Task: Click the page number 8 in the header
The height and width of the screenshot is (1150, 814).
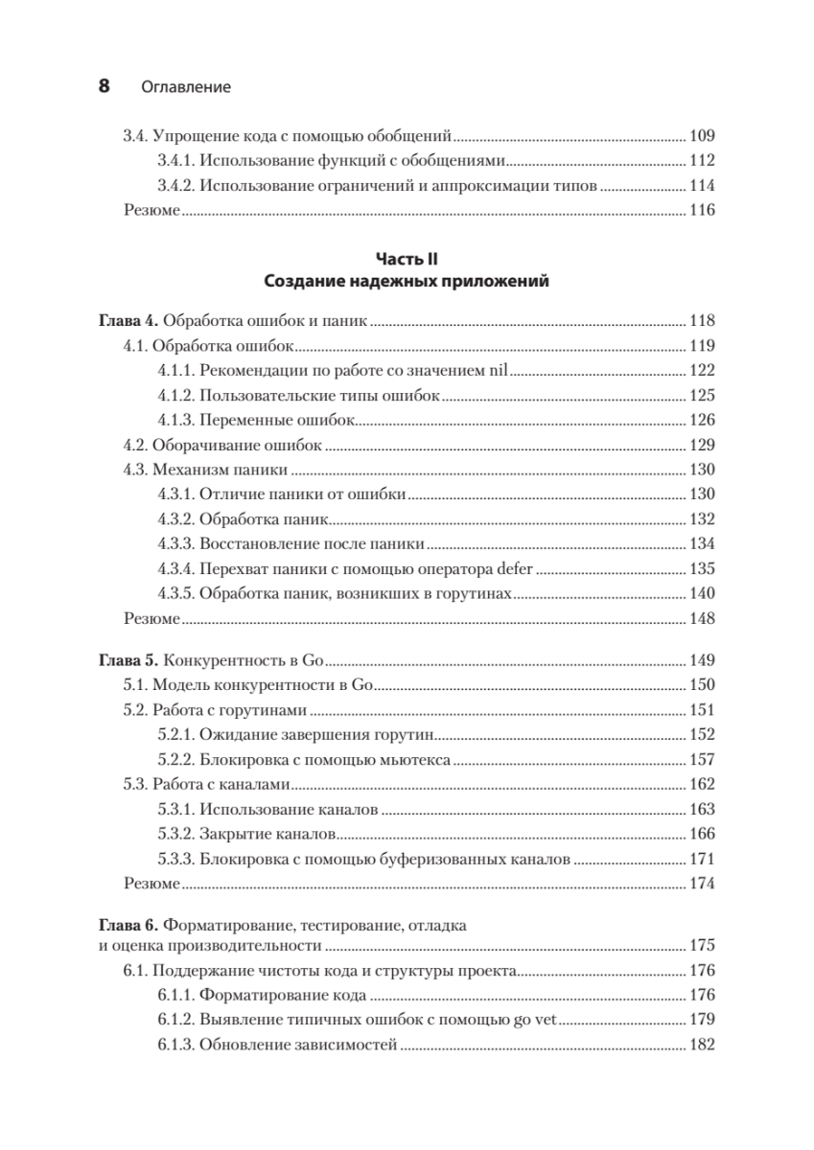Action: tap(105, 86)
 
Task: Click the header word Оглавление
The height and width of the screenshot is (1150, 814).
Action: tap(186, 87)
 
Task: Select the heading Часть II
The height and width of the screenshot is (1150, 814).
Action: tap(406, 258)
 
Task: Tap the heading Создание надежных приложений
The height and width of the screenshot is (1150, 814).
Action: tap(406, 282)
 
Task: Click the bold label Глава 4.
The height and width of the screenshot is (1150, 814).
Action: tap(129, 321)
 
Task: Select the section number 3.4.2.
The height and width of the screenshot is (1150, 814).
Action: tap(175, 185)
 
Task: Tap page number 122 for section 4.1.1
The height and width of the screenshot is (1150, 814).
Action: tap(702, 371)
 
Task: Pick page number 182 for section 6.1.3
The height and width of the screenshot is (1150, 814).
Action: tap(702, 1045)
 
